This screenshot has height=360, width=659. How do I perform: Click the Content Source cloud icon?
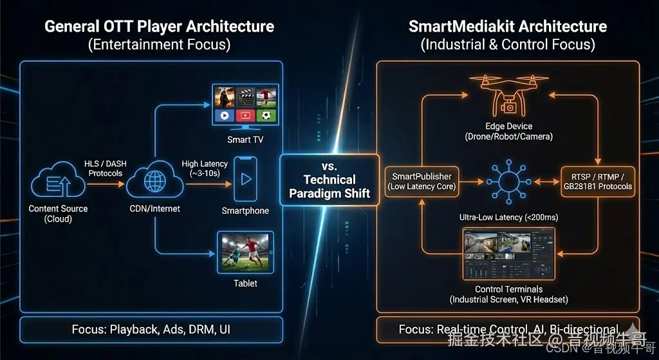click(x=58, y=182)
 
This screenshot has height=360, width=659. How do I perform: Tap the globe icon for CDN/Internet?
click(x=154, y=182)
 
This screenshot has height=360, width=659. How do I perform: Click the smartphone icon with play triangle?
click(x=245, y=180)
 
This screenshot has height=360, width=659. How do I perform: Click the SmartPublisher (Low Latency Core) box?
click(x=422, y=181)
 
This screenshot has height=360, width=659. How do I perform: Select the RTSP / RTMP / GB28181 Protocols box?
click(x=597, y=181)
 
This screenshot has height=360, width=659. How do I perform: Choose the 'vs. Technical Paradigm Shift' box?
click(x=329, y=180)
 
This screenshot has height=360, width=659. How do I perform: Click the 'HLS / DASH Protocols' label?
click(x=106, y=169)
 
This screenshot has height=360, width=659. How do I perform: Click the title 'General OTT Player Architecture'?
click(x=159, y=27)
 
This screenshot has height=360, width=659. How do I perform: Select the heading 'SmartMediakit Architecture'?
click(x=508, y=27)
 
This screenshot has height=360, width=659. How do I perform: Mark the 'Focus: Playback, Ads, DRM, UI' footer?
click(x=151, y=330)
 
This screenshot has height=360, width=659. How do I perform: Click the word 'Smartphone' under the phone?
click(x=245, y=211)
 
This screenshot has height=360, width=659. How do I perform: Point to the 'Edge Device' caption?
click(x=509, y=126)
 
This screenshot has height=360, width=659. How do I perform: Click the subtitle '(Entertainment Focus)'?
click(x=159, y=45)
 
